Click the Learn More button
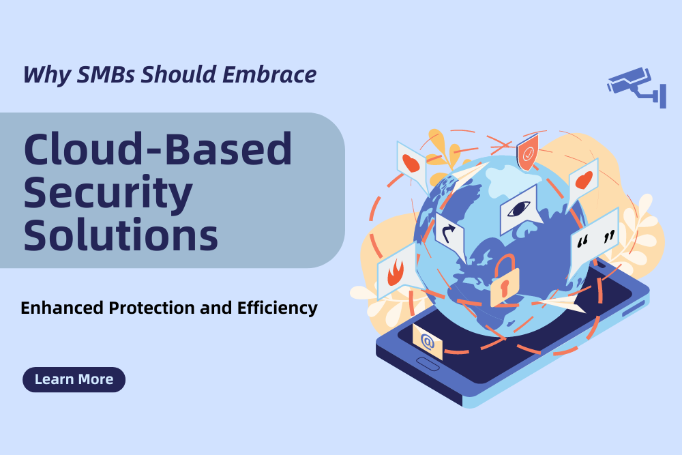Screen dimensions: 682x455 [x=74, y=379]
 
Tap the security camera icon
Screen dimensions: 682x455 [x=637, y=87]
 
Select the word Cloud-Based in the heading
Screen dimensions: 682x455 [x=158, y=149]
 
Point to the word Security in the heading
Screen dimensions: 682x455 [x=108, y=194]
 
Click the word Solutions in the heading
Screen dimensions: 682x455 [x=121, y=235]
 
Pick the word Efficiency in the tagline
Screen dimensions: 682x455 [x=278, y=308]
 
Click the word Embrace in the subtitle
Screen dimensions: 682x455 [x=269, y=74]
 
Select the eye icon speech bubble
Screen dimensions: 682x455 [x=520, y=210]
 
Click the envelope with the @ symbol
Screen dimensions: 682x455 [x=427, y=342]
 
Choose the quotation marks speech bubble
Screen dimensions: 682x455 [x=594, y=241]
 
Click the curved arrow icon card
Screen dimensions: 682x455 [x=449, y=235]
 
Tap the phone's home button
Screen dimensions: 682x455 [x=428, y=364]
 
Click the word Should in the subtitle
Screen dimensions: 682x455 [x=179, y=74]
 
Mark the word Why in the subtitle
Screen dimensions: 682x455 [x=48, y=75]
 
